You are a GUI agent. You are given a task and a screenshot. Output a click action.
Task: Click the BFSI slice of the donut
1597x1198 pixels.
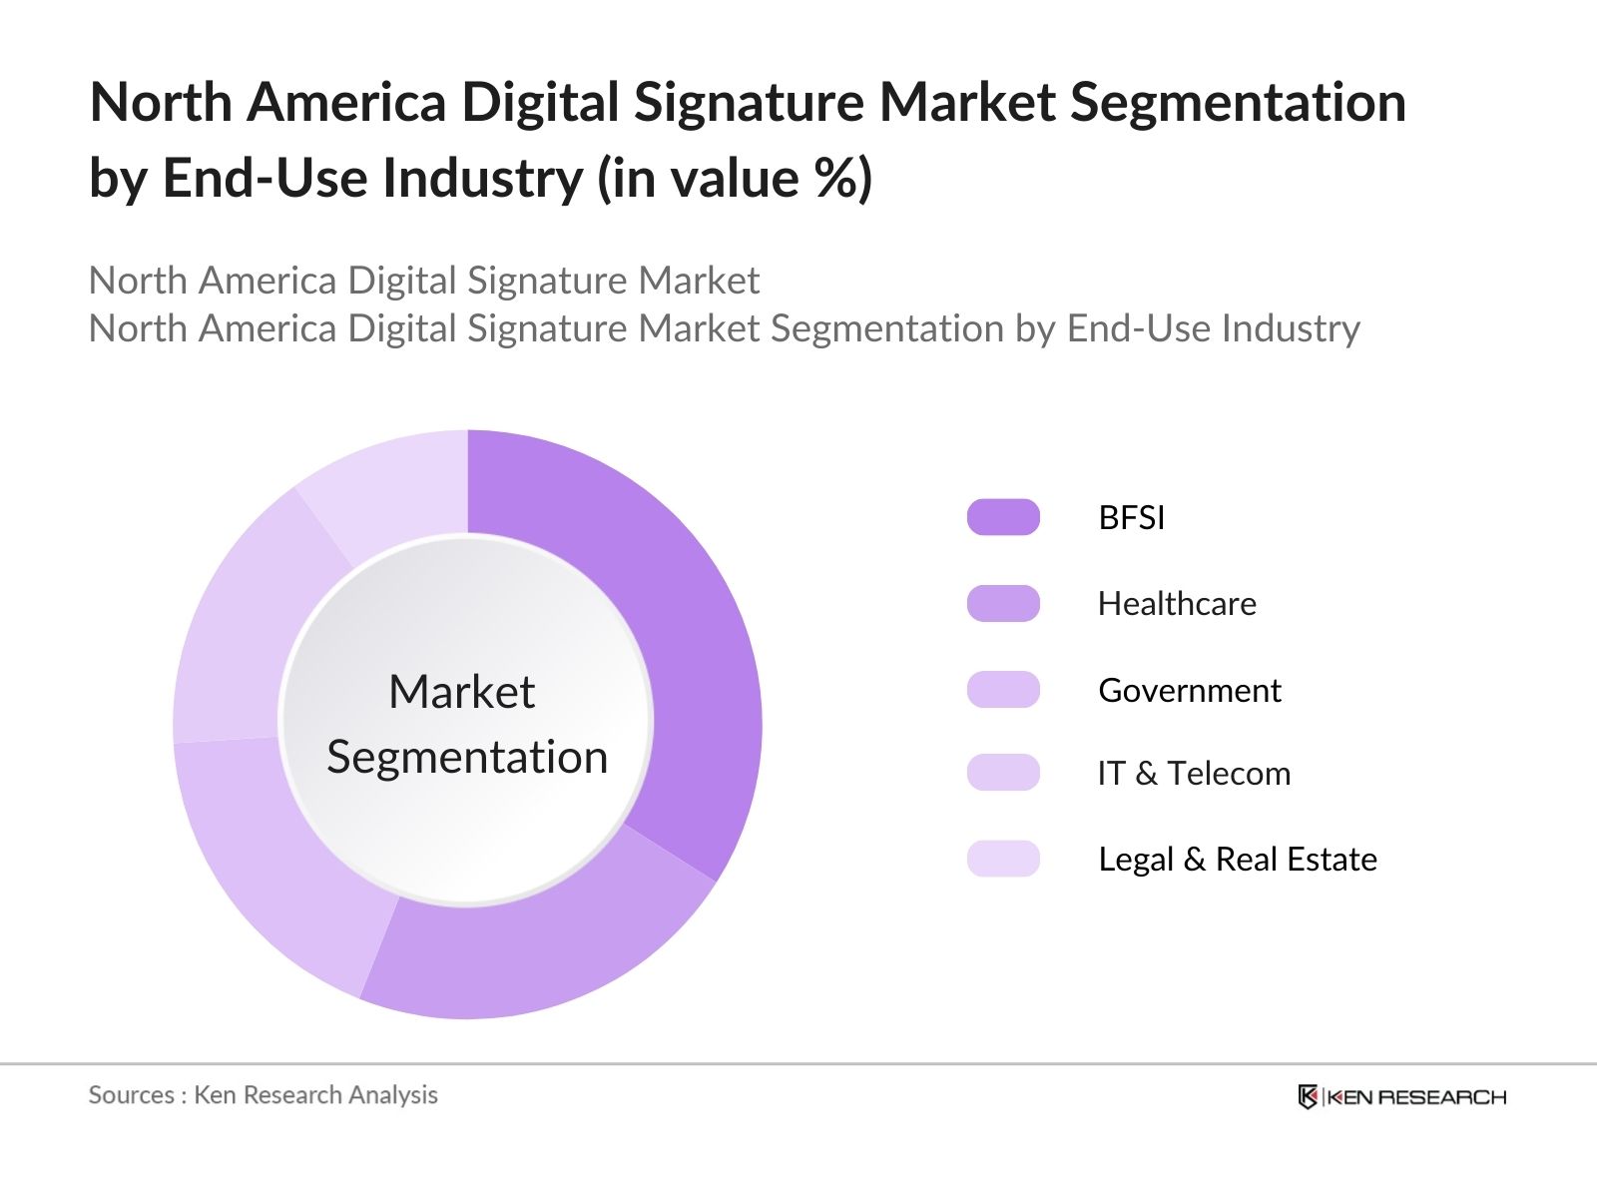pyautogui.click(x=689, y=639)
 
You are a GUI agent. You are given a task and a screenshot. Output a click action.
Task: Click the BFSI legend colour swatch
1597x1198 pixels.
pyautogui.click(x=1003, y=517)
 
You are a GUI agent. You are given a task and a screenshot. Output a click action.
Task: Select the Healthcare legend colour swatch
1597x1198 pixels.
pyautogui.click(x=1003, y=604)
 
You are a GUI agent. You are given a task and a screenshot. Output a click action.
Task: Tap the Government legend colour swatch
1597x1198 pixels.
pyautogui.click(x=1003, y=690)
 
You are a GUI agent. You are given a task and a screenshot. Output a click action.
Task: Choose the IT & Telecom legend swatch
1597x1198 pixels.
pyautogui.click(x=1003, y=773)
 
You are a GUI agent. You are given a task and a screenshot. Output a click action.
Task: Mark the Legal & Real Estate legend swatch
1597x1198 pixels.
pyautogui.click(x=1003, y=859)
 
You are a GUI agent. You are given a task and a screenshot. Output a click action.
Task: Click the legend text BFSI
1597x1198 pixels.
pyautogui.click(x=1131, y=517)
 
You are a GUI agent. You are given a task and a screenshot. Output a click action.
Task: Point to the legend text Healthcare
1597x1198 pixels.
pyautogui.click(x=1177, y=604)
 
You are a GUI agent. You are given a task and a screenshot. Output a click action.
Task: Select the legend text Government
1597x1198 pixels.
pyautogui.click(x=1189, y=690)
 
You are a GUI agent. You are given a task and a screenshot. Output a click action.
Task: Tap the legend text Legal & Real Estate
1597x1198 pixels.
pyautogui.click(x=1237, y=859)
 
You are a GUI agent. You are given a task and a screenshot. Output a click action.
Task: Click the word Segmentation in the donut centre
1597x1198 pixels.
pyautogui.click(x=467, y=757)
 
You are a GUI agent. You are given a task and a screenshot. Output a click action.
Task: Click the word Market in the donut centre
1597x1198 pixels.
pyautogui.click(x=461, y=692)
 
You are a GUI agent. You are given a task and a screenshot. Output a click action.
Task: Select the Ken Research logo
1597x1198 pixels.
pyautogui.click(x=1401, y=1096)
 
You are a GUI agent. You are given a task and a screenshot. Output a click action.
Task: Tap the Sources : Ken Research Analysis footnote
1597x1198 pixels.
pyautogui.click(x=264, y=1095)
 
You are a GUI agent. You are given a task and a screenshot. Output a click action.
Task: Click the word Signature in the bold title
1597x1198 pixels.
pyautogui.click(x=749, y=103)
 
